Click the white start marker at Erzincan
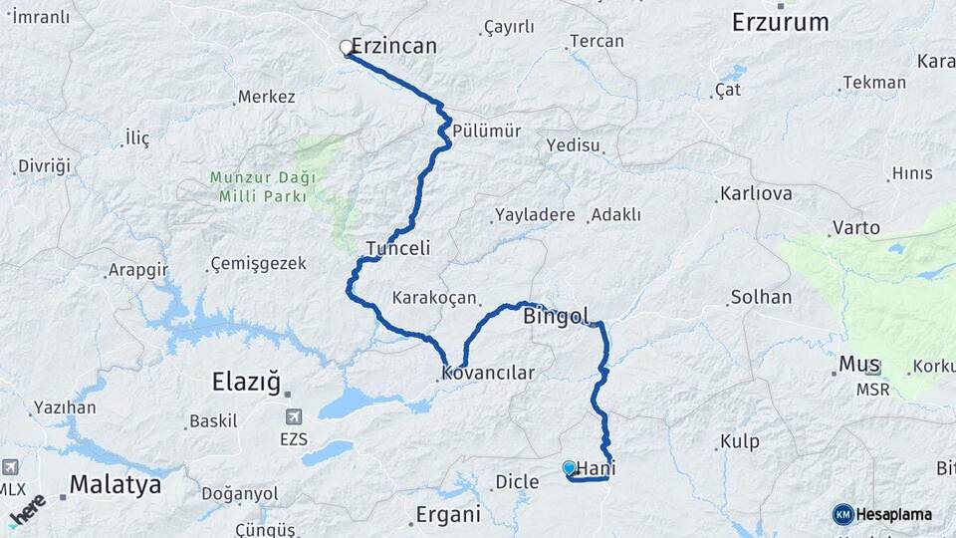(347, 47)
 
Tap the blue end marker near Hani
(569, 467)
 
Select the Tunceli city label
(397, 248)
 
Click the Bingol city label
(557, 317)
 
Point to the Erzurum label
(780, 22)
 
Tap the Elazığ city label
(248, 381)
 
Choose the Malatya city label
(115, 486)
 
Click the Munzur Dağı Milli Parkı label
(262, 186)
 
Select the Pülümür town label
(486, 132)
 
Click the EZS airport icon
(293, 417)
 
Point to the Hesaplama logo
(882, 514)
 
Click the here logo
(28, 509)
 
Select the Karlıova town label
(757, 193)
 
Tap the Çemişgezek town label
(258, 264)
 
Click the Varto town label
(855, 228)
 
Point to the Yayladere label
(535, 215)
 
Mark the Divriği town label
(44, 165)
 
